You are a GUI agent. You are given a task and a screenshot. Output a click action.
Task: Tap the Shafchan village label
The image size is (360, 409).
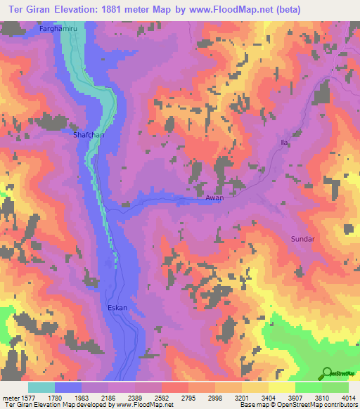[x=88, y=134]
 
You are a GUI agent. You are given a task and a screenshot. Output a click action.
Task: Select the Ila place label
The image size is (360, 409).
[x=285, y=143]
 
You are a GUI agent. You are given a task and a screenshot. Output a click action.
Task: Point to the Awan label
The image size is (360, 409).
[x=214, y=199]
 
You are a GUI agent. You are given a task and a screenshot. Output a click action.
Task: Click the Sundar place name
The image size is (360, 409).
[x=303, y=239]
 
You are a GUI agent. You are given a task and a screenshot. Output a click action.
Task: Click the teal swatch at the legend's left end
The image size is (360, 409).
[x=41, y=387]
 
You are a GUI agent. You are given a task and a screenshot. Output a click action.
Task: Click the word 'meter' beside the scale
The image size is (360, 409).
[x=8, y=397]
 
